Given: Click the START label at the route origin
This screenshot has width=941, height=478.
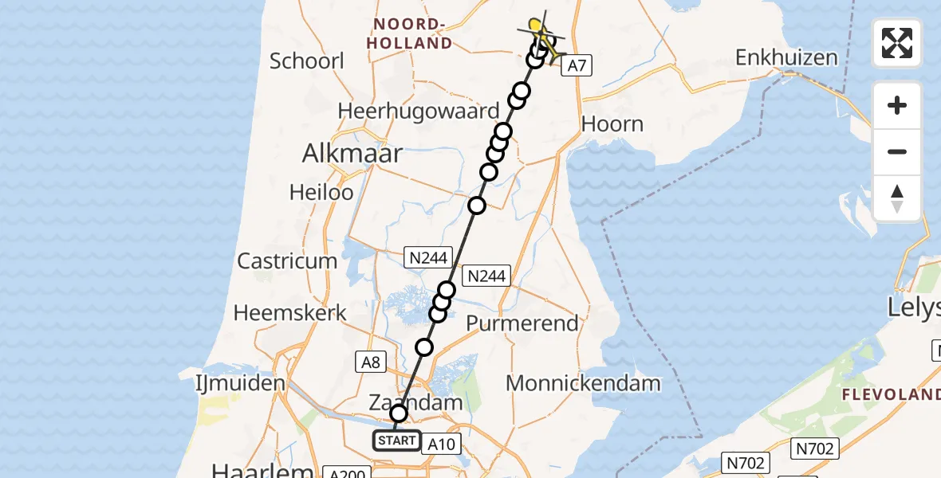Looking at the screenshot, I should [397, 440].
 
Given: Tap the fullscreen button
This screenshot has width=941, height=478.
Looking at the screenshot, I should [897, 43].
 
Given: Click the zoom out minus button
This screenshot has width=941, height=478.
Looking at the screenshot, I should [897, 151].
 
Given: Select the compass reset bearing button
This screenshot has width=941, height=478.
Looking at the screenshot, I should [897, 198].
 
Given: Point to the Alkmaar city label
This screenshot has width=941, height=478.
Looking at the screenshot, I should [352, 154].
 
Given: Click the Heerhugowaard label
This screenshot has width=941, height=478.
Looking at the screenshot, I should [419, 111].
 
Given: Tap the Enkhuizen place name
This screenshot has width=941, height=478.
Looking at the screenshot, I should [786, 57].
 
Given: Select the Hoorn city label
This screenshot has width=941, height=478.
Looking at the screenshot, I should [612, 124].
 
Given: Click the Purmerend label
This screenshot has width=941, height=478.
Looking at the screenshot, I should [522, 323].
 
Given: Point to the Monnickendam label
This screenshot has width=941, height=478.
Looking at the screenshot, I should [583, 383].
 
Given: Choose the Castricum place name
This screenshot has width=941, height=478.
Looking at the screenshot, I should [287, 261].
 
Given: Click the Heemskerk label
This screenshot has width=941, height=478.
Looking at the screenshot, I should [290, 312].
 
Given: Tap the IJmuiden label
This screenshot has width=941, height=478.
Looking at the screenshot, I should [240, 383].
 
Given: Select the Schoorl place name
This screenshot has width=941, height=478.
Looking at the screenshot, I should [307, 61].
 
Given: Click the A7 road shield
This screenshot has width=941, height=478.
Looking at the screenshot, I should [577, 66].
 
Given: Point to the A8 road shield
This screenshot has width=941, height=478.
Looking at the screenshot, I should [371, 362].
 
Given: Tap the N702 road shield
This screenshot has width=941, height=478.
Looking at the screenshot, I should [746, 462].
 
